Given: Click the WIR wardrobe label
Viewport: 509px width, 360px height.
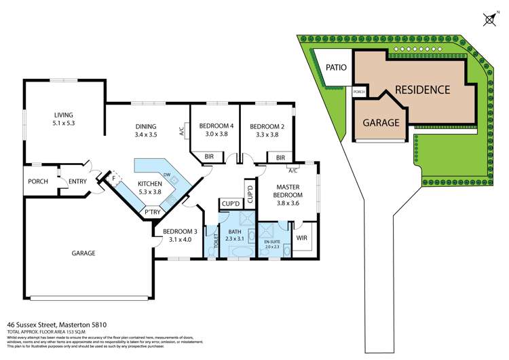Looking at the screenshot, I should click(x=302, y=239).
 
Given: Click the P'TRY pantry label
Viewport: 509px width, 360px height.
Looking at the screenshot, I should click(x=152, y=213).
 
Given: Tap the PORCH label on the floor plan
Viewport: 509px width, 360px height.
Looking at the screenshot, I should click(x=37, y=181).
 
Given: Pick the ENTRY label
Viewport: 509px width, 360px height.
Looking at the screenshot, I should click(x=78, y=181).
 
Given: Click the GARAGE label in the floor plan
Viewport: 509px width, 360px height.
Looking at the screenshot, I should click(x=84, y=253).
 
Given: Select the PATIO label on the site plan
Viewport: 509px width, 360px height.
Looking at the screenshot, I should click(x=337, y=67).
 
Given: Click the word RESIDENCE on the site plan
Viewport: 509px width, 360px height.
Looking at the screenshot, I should click(x=422, y=90).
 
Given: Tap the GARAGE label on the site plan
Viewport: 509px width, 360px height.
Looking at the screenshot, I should click(x=380, y=123).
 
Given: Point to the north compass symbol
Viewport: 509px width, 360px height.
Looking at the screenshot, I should click(x=489, y=19).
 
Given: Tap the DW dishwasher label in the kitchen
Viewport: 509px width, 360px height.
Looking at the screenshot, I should click(x=166, y=175).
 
